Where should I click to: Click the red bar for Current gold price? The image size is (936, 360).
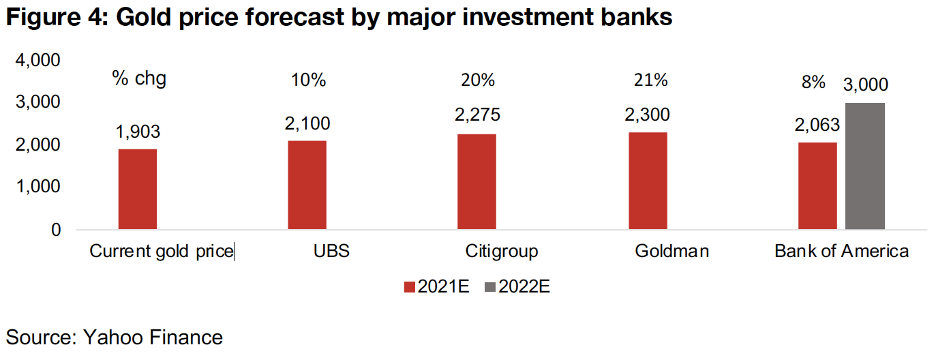click(x=138, y=189)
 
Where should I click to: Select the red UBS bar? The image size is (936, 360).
click(x=307, y=185)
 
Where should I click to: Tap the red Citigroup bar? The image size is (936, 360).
click(x=477, y=181)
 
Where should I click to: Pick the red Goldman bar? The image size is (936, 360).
click(x=647, y=181)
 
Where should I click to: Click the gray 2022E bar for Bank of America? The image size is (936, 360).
click(x=864, y=166)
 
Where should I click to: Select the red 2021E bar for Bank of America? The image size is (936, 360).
click(x=817, y=185)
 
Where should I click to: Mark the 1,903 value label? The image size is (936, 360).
click(x=138, y=132)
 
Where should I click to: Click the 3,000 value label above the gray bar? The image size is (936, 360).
click(x=866, y=85)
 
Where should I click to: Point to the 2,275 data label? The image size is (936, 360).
click(x=477, y=115)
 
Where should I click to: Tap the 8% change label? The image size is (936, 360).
click(x=813, y=82)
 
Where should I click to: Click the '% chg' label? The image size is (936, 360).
click(x=139, y=79)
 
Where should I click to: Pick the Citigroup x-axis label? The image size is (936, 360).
click(x=502, y=251)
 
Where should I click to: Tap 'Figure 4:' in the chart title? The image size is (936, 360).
click(x=56, y=18)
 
